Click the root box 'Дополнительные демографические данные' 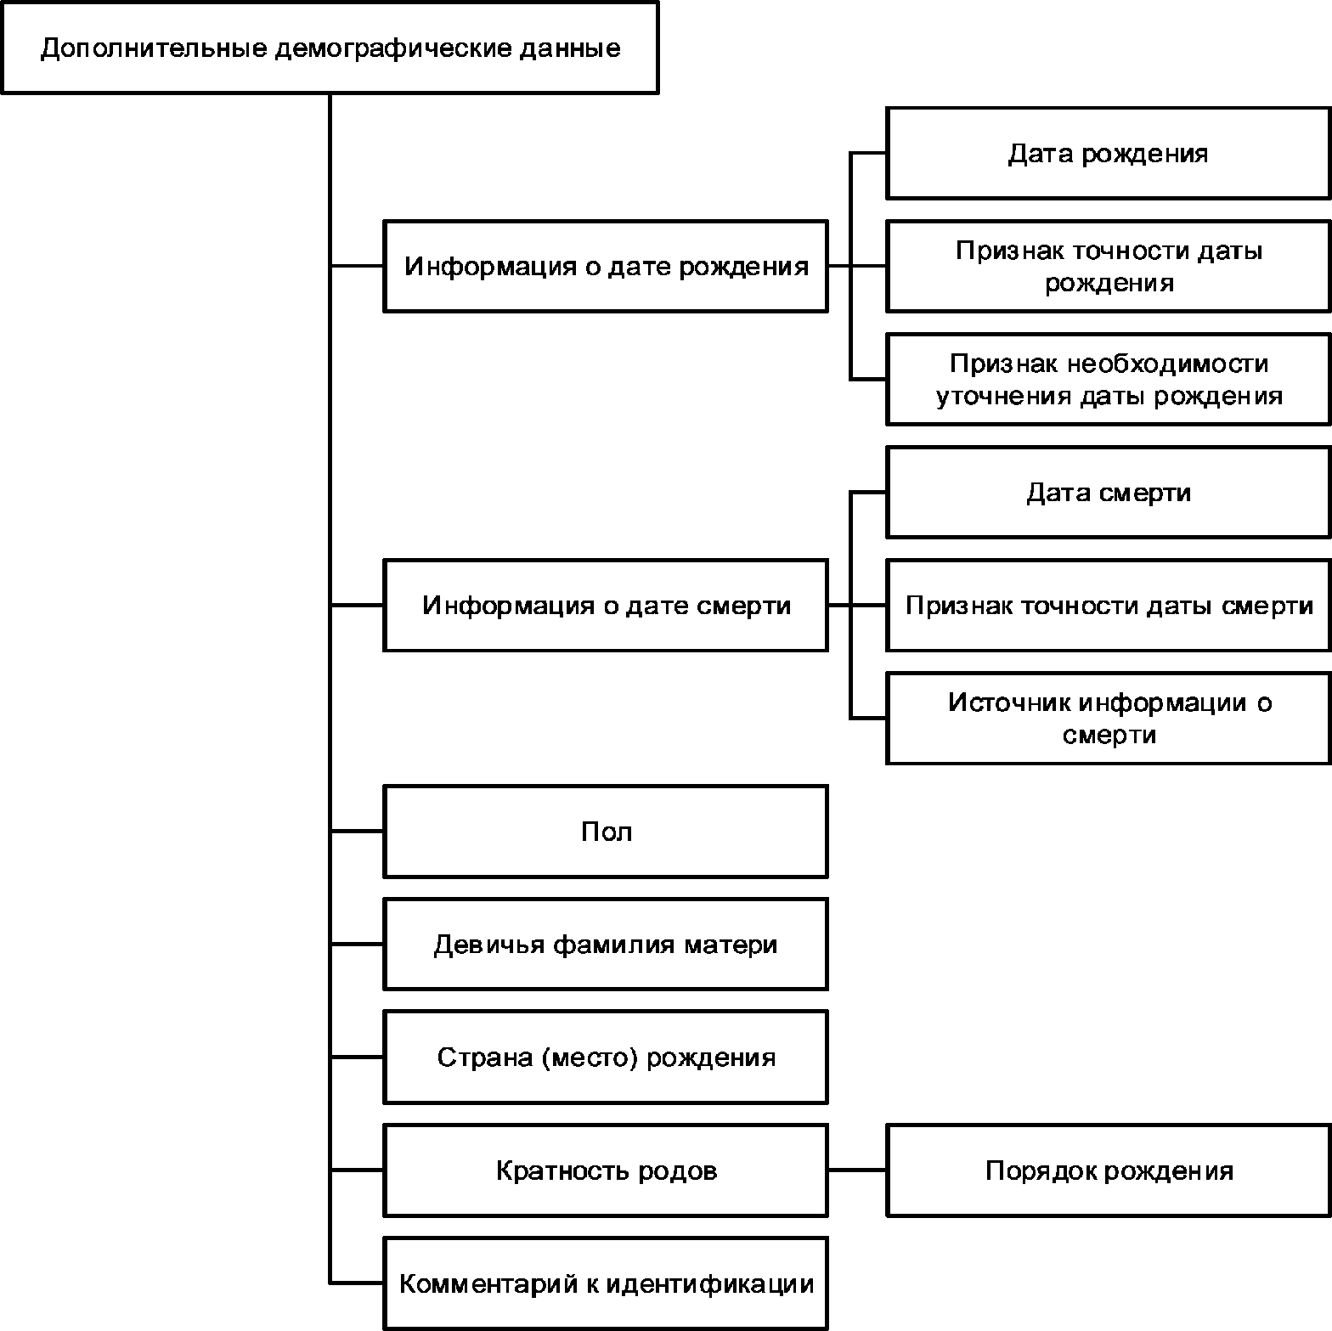click(x=330, y=48)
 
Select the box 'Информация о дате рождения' click(x=606, y=267)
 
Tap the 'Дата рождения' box click(x=1109, y=154)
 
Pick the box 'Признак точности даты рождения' click(x=1109, y=267)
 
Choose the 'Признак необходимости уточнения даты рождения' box click(x=1109, y=380)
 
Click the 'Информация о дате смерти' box click(x=606, y=606)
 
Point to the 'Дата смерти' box click(x=1109, y=493)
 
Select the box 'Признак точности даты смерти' click(x=1109, y=606)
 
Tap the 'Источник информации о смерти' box click(x=1109, y=719)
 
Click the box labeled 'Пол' click(x=606, y=832)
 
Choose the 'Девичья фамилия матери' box click(x=606, y=945)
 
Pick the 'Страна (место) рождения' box click(x=606, y=1057)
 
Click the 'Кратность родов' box click(x=606, y=1170)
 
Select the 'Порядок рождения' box click(x=1109, y=1170)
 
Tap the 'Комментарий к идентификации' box click(x=606, y=1283)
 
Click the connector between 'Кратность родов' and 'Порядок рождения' click(x=857, y=1170)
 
